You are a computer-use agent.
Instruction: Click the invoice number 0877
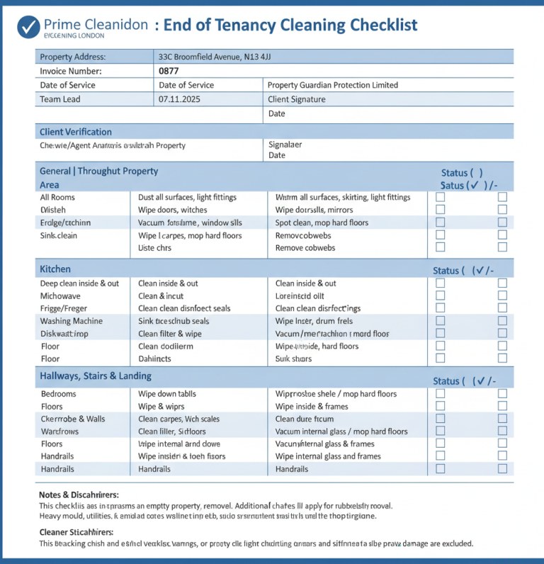pos(169,71)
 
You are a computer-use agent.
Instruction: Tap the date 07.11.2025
pos(179,99)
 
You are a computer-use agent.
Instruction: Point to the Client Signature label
pos(296,99)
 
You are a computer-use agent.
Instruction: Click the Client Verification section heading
pos(76,132)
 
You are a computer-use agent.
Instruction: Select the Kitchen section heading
pos(55,269)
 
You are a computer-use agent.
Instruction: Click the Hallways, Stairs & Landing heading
pos(96,376)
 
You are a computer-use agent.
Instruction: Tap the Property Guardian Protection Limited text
pos(333,85)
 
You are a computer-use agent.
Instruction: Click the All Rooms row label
pos(57,197)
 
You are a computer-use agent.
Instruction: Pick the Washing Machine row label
pos(71,321)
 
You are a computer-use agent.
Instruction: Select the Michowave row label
pos(60,295)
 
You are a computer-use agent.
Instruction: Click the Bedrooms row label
pos(58,393)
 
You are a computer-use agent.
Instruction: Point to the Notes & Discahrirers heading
pos(79,495)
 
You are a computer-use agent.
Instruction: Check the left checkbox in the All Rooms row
pos(440,197)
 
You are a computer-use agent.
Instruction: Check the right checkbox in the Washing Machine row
pos(502,321)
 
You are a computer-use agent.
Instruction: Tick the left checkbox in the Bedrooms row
pos(440,393)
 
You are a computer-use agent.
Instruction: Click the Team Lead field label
pos(60,99)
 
